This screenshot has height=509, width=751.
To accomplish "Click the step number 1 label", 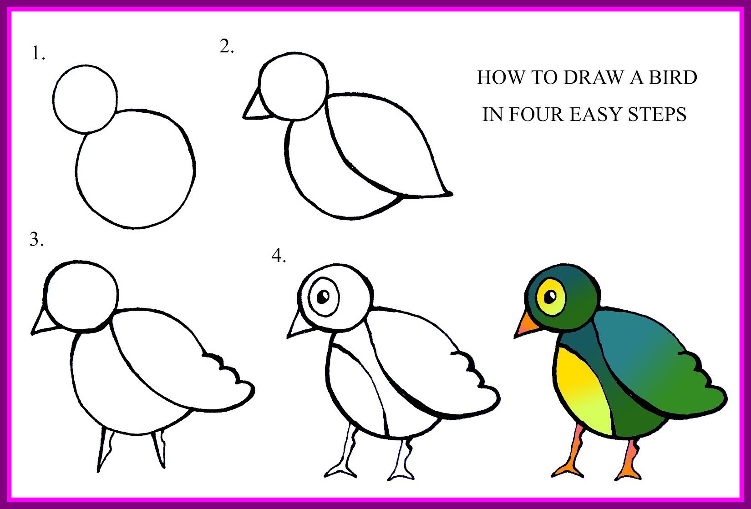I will pos(38,54).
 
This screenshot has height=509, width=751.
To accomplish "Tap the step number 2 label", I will pos(226,46).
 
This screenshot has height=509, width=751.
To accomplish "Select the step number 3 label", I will pos(36,239).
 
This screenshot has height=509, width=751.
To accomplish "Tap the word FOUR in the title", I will pos(536,115).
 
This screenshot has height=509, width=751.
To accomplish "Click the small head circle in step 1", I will pos(85,99).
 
